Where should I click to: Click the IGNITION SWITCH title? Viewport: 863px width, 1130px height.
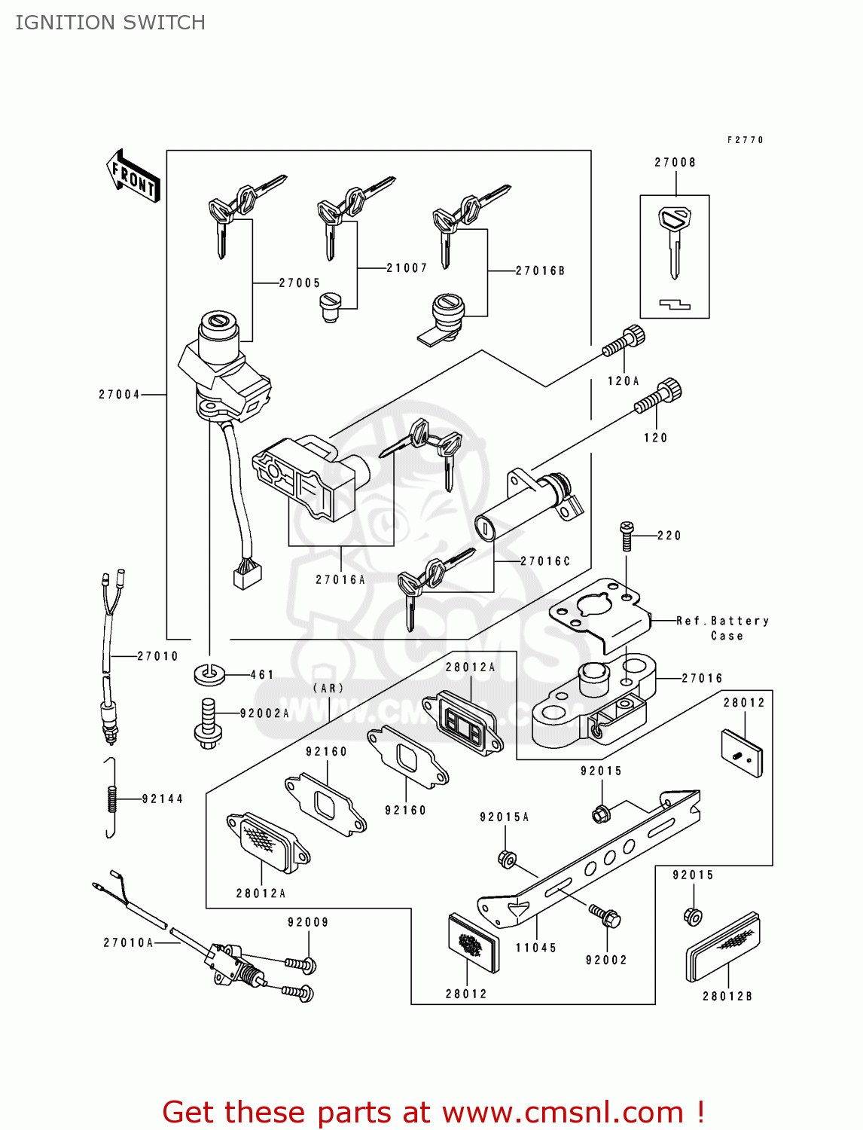pos(111,23)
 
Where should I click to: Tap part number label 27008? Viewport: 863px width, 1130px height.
pos(675,162)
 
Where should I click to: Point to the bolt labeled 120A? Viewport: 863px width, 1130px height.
pos(624,343)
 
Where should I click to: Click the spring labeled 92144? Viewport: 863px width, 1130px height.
pos(111,798)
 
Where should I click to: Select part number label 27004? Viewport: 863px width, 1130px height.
pos(119,394)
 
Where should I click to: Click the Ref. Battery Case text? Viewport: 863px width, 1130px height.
pos(722,628)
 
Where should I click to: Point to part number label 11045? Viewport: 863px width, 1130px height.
pos(535,948)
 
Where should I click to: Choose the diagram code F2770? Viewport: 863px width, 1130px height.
pos(745,140)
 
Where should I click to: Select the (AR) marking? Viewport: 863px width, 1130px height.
pos(328,688)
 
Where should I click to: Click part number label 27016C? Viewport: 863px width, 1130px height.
pos(545,561)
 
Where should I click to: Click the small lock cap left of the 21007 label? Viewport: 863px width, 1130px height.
pos(330,307)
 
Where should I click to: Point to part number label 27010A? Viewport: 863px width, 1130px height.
pos(128,942)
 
